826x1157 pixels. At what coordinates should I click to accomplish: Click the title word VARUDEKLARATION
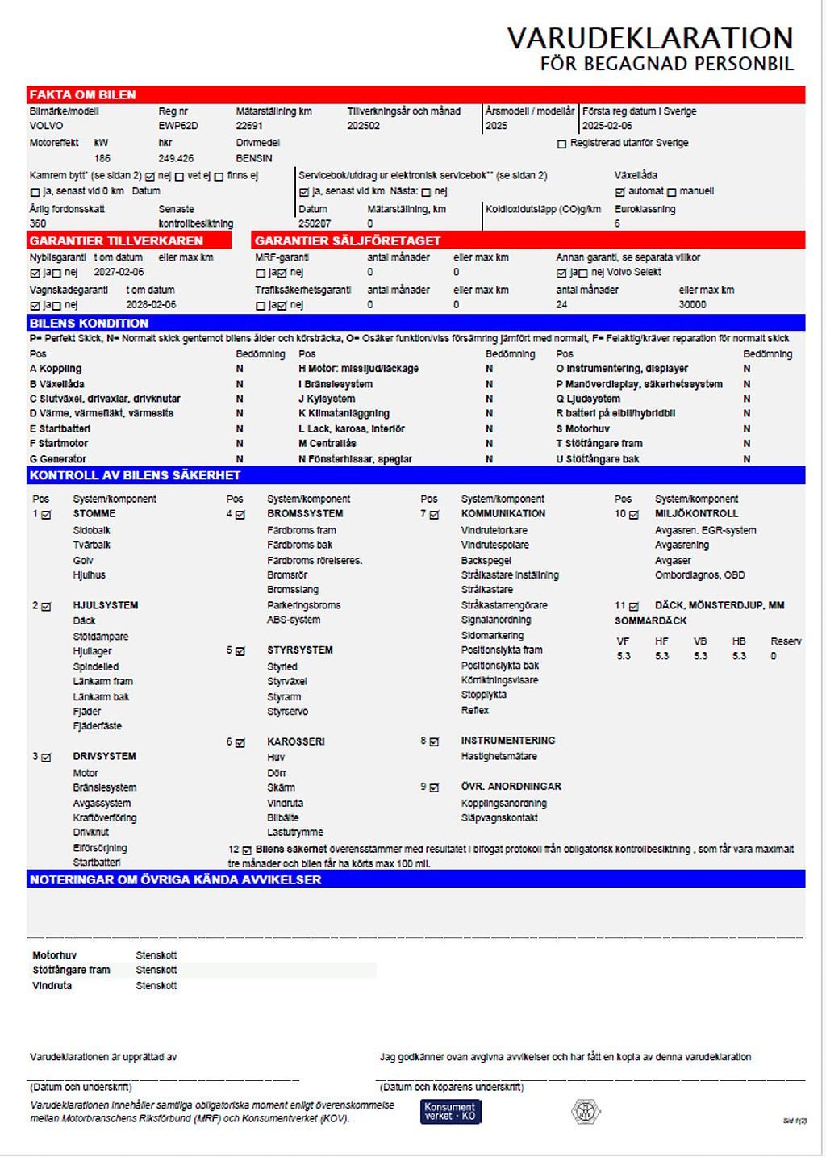[x=649, y=39]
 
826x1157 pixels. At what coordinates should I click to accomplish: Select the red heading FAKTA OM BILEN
[x=82, y=95]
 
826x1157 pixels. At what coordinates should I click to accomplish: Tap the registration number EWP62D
[x=177, y=126]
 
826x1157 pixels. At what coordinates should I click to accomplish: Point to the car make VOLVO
[x=46, y=126]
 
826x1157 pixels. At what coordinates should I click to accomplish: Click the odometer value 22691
[x=249, y=126]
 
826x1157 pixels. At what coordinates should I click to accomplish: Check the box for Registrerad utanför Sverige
[x=561, y=144]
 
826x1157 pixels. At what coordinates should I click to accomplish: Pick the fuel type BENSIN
[x=254, y=158]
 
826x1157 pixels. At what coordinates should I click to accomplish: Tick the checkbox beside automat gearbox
[x=619, y=192]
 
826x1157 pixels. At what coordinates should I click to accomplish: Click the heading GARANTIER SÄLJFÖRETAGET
[x=348, y=240]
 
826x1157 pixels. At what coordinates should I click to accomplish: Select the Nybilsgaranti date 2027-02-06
[x=119, y=273]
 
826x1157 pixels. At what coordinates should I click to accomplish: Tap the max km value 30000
[x=692, y=304]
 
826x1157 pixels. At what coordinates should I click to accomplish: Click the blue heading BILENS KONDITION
[x=89, y=323]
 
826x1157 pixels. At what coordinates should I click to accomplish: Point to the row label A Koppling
[x=56, y=369]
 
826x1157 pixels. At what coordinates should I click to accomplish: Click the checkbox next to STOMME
[x=46, y=514]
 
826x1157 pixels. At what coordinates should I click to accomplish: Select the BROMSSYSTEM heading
[x=305, y=513]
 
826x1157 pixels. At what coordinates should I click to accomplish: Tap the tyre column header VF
[x=623, y=641]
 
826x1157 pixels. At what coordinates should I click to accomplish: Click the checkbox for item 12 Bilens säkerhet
[x=247, y=850]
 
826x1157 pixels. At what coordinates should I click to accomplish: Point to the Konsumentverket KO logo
[x=450, y=1112]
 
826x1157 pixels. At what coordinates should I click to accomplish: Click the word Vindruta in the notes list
[x=52, y=985]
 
